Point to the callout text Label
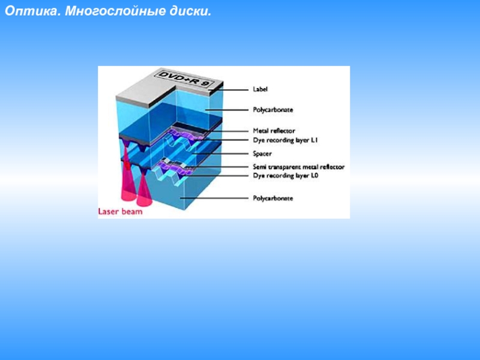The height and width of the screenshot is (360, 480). tap(260, 89)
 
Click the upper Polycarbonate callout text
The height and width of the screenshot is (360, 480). tap(273, 110)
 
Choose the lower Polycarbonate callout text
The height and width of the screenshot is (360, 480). tap(273, 197)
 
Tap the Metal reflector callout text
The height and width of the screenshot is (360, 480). tap(274, 131)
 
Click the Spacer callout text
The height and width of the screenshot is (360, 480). tap(262, 154)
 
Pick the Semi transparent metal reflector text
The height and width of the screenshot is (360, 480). tap(299, 167)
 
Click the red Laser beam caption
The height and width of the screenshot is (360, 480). tap(120, 211)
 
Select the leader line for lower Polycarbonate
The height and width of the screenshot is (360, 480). tap(216, 197)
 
